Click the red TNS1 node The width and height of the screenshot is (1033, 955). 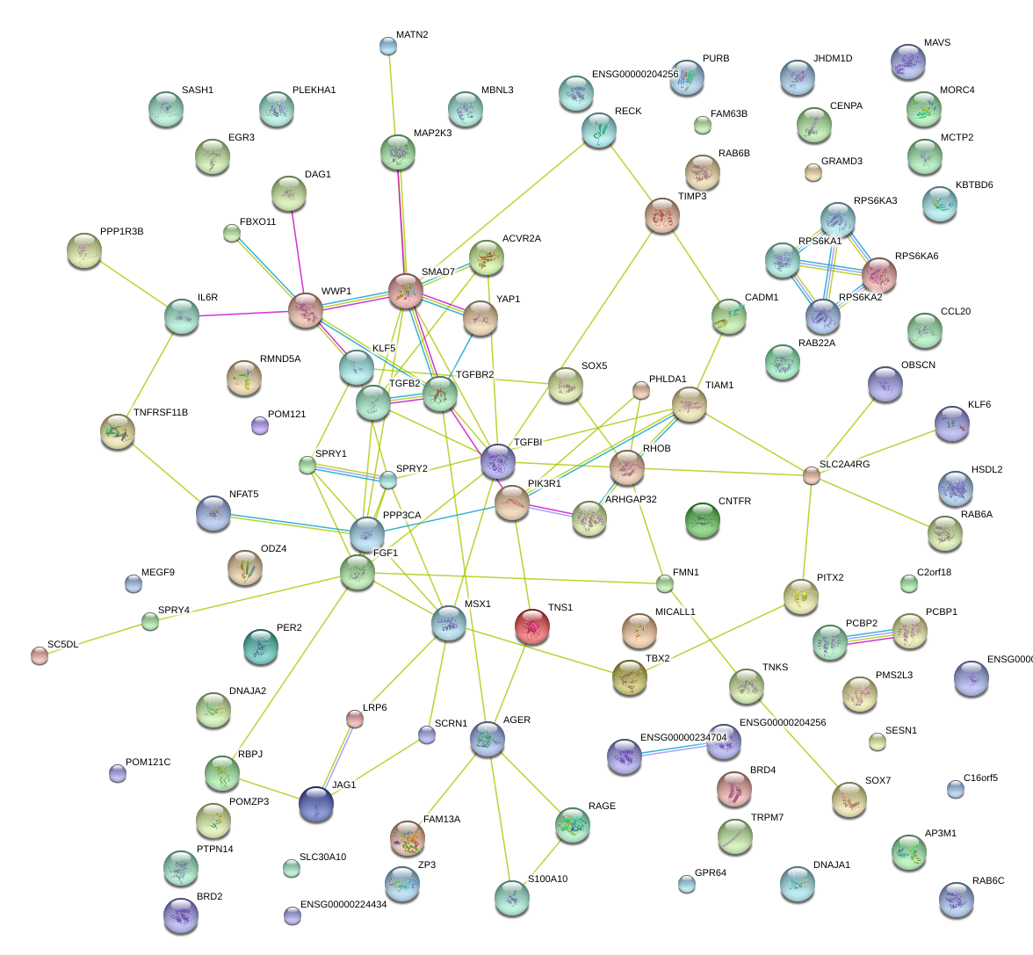click(531, 626)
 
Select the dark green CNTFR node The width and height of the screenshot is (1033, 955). click(702, 520)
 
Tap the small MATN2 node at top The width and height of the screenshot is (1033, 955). click(388, 46)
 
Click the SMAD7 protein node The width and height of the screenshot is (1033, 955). click(406, 291)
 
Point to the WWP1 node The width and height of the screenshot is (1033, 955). click(306, 310)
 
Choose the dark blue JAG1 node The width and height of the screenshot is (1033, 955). click(316, 804)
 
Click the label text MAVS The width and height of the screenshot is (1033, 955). click(936, 43)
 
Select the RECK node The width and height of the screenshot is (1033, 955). click(599, 130)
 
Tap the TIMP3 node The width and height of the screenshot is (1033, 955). click(662, 215)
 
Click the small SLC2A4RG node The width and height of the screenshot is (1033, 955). click(812, 475)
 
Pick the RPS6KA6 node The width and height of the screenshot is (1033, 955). click(878, 275)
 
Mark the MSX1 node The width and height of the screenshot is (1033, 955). click(449, 623)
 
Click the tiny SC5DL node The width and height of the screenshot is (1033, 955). click(40, 655)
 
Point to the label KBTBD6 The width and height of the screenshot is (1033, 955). click(973, 185)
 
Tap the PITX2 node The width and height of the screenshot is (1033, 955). click(800, 596)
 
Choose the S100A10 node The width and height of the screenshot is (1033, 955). click(511, 897)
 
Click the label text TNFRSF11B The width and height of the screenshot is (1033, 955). click(160, 413)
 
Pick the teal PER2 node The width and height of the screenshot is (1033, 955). click(260, 647)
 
